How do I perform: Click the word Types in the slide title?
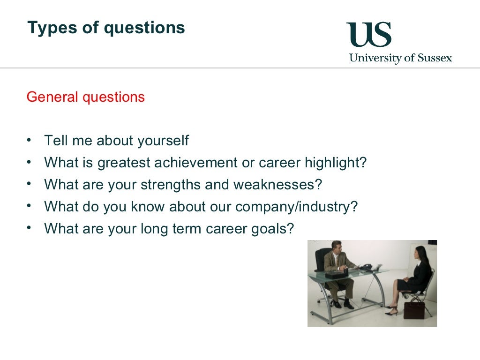click(x=46, y=28)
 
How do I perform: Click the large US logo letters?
click(x=369, y=35)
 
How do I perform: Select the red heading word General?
click(x=52, y=97)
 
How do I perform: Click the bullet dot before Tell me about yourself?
click(x=30, y=140)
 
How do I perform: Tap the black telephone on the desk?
click(x=366, y=267)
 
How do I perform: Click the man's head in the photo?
click(x=336, y=247)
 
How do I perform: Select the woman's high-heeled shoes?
click(x=391, y=310)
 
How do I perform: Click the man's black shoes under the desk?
click(x=342, y=305)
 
